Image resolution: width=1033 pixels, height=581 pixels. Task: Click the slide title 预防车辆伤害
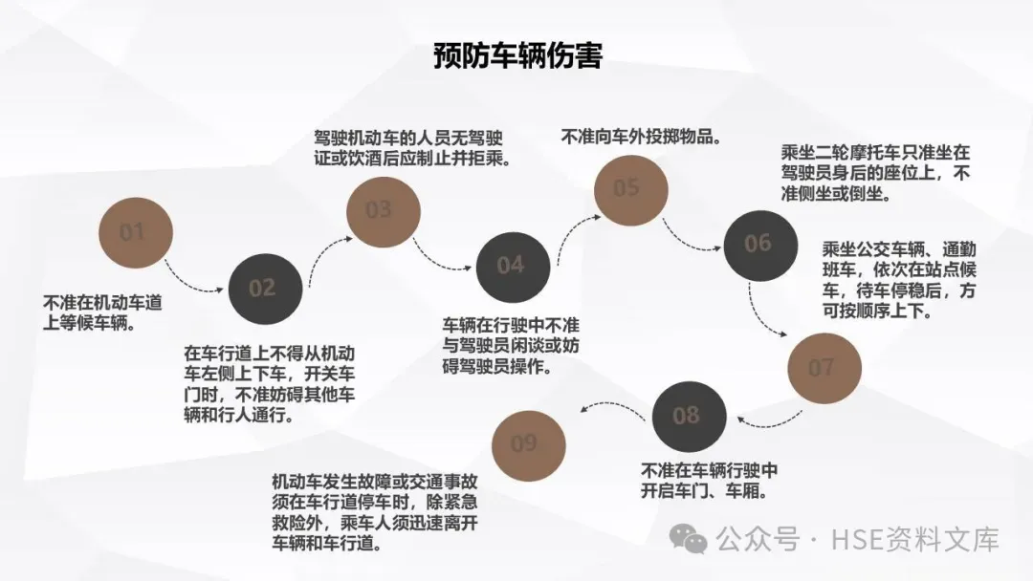[517, 55]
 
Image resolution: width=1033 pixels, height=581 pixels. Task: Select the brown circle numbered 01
[135, 232]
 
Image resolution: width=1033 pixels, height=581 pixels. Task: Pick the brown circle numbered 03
[382, 209]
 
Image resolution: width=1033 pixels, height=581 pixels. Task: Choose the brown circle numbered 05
[629, 187]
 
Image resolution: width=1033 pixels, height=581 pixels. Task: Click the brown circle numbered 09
[527, 443]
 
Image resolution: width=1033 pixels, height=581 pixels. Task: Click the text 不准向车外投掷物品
[640, 137]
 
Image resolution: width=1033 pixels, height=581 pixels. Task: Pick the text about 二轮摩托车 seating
[876, 173]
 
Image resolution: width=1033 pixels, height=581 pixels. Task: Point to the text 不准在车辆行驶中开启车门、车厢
[709, 481]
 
